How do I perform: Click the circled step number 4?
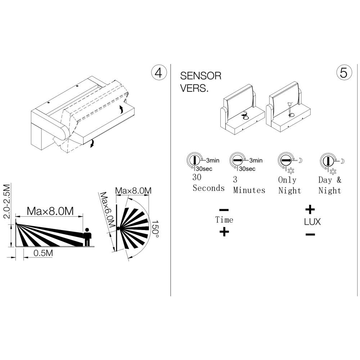click(159, 73)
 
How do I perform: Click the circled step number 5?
click(344, 73)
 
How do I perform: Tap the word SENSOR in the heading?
click(201, 76)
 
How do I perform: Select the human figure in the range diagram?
click(87, 237)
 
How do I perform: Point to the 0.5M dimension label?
click(43, 253)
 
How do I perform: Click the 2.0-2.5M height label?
click(7, 201)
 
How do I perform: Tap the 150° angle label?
click(155, 229)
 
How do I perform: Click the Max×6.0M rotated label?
click(107, 210)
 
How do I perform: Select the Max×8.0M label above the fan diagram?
click(133, 190)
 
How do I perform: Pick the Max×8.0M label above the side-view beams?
click(50, 211)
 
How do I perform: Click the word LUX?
click(312, 222)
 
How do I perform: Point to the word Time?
click(224, 220)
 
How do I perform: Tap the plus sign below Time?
click(224, 231)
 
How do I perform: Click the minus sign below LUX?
click(310, 234)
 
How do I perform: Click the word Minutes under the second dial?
click(249, 190)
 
